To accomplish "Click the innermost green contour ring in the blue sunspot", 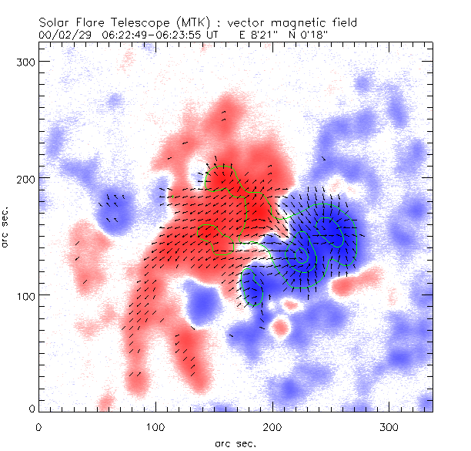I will pyautogui.click(x=299, y=258).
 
